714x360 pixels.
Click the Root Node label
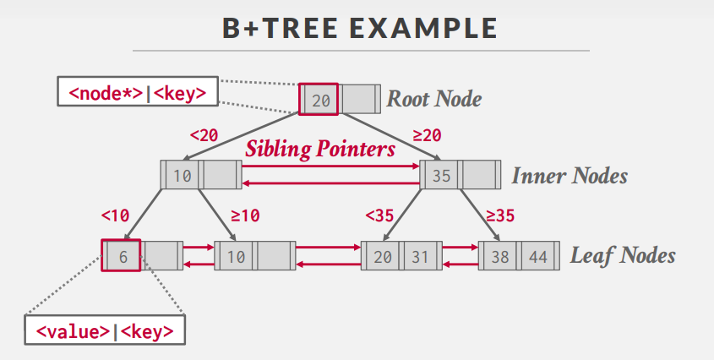(434, 99)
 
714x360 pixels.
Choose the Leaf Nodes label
(623, 255)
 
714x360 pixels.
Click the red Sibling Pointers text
(320, 150)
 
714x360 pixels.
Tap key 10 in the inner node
(183, 177)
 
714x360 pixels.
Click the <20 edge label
(204, 134)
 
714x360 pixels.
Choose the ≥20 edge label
(427, 134)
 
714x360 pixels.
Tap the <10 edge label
(115, 215)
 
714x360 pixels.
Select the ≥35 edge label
(501, 215)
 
